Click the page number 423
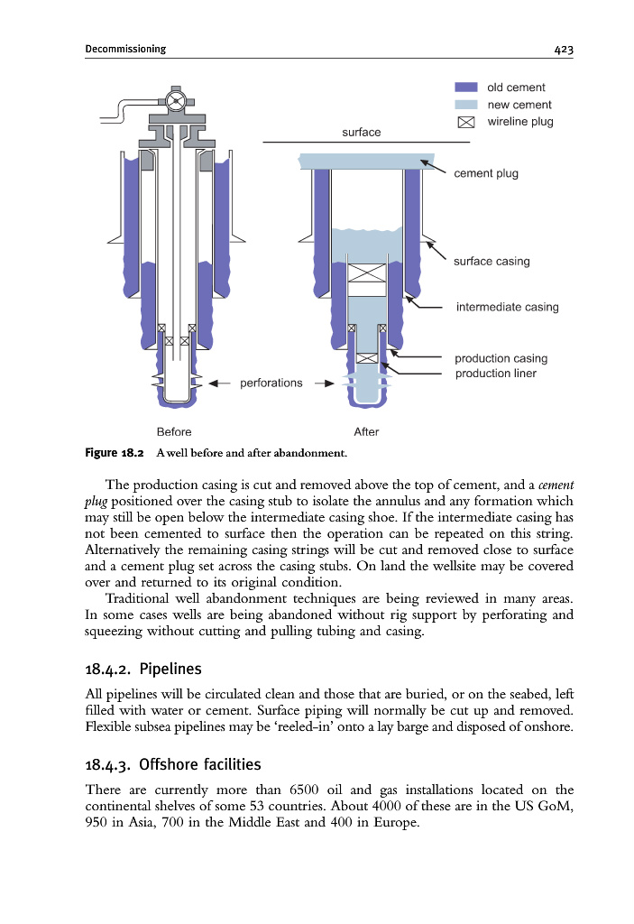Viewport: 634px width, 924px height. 564,50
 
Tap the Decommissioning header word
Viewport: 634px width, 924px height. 125,49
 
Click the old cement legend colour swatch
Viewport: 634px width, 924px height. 466,88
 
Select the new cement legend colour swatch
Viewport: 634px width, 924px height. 466,105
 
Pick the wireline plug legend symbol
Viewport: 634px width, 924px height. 466,122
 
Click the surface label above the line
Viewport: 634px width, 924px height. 362,132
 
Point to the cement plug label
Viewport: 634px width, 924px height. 486,173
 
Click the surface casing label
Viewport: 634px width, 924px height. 492,261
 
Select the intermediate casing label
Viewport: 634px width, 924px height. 508,307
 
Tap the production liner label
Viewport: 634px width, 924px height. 495,373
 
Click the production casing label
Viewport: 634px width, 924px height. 501,358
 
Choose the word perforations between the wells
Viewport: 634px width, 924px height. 271,383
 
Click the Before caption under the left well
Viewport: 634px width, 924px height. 174,432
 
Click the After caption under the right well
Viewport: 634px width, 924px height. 366,432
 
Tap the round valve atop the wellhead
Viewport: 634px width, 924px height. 176,101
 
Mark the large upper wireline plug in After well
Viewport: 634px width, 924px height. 367,273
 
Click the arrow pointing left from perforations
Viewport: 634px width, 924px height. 219,383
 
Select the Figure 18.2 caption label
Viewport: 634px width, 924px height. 115,453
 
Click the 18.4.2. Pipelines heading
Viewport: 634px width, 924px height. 143,669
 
